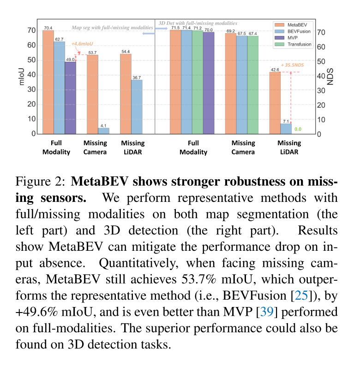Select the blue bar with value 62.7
pos(59,88)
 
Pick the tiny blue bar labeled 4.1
pos(103,131)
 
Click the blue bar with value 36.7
pos(137,107)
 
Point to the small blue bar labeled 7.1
pos(286,129)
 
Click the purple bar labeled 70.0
pos(208,83)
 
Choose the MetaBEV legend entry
pos(292,24)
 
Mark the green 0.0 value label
pos(297,129)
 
